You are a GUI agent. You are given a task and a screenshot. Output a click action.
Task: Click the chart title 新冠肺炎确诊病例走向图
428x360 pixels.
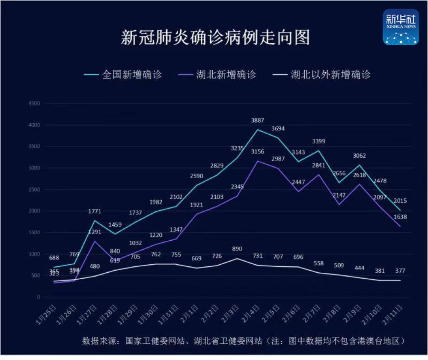point(215,37)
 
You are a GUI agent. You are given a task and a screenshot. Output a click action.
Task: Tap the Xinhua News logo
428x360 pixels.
point(401,27)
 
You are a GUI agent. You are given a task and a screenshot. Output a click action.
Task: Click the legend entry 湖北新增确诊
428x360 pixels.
point(226,74)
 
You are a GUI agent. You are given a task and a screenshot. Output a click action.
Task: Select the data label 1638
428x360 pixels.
point(400,217)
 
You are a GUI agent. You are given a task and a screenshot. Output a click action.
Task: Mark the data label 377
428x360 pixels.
point(400,270)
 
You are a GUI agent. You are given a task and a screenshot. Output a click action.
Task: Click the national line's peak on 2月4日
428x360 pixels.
point(258,130)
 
